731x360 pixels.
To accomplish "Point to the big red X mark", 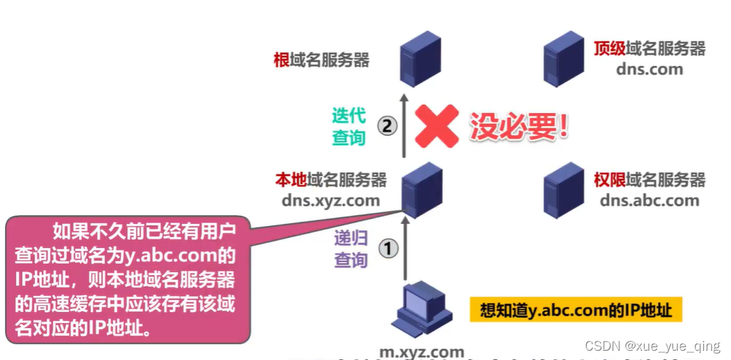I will [x=436, y=127].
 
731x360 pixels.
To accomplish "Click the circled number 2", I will [x=387, y=127].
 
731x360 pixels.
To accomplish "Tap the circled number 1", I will [x=387, y=249].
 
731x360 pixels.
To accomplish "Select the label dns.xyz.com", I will [x=331, y=200].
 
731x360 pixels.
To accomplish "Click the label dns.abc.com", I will [x=649, y=200].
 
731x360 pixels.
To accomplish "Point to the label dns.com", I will [x=650, y=69].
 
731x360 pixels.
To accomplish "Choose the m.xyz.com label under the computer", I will [x=421, y=351].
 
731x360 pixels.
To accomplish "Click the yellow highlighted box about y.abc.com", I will [x=576, y=311].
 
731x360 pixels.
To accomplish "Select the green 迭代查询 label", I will [x=349, y=126].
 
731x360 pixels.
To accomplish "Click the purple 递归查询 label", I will [x=351, y=249].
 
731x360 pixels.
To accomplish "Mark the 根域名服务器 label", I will [x=322, y=59].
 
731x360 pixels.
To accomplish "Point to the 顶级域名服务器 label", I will [x=649, y=48].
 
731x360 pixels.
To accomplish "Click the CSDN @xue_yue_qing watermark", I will [x=652, y=346].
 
